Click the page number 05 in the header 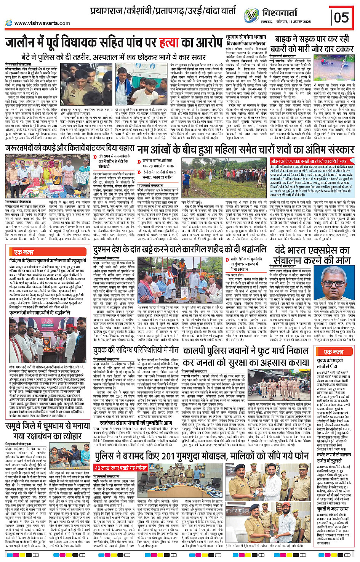coord(341,18)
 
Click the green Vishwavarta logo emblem coord(251,15)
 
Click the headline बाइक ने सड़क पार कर coord(312,39)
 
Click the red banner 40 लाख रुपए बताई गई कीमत coord(121,468)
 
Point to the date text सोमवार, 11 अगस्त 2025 coord(294,22)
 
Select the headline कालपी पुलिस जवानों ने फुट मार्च coord(246,351)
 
